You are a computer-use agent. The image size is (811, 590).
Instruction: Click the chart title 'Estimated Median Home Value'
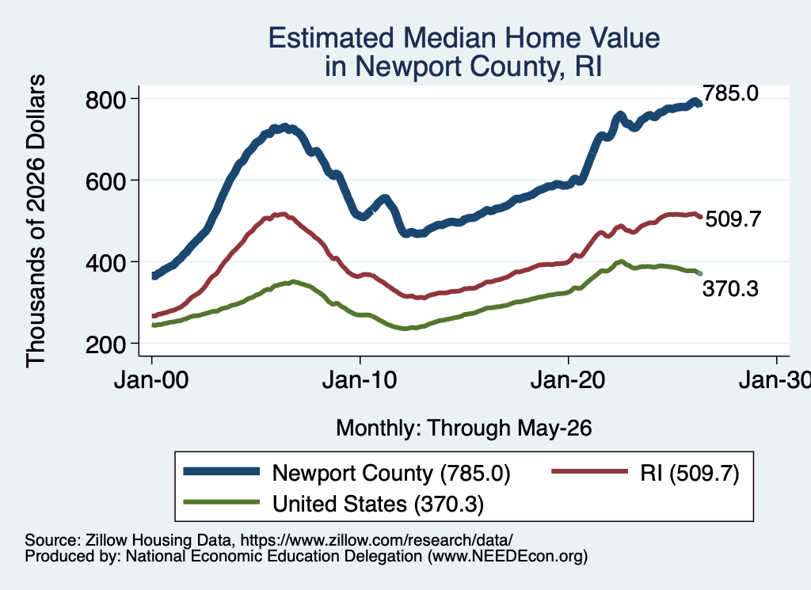pyautogui.click(x=464, y=38)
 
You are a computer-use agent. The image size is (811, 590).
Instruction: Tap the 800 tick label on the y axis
pyautogui.click(x=105, y=100)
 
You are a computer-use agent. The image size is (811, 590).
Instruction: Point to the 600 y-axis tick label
pyautogui.click(x=105, y=181)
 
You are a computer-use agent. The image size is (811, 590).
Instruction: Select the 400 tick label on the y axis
pyautogui.click(x=105, y=263)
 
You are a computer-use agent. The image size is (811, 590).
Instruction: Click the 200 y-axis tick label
pyautogui.click(x=105, y=344)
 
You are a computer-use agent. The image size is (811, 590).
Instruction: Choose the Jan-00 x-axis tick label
pyautogui.click(x=151, y=381)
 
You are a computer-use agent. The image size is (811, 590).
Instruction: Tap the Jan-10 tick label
pyautogui.click(x=360, y=381)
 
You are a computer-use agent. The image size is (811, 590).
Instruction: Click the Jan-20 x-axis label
pyautogui.click(x=568, y=381)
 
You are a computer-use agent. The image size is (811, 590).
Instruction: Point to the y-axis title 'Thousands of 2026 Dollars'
pyautogui.click(x=36, y=221)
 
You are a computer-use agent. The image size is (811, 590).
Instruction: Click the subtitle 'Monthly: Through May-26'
pyautogui.click(x=464, y=428)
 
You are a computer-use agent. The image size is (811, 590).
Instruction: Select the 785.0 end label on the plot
pyautogui.click(x=730, y=93)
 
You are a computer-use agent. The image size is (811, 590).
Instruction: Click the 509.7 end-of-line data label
pyautogui.click(x=733, y=219)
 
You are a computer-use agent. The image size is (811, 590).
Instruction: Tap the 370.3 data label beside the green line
pyautogui.click(x=730, y=288)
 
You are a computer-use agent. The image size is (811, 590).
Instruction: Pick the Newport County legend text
pyautogui.click(x=391, y=474)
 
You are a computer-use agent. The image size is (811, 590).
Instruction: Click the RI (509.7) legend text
pyautogui.click(x=690, y=473)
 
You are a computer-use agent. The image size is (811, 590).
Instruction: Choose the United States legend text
pyautogui.click(x=378, y=504)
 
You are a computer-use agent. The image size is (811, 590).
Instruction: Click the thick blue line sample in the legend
pyautogui.click(x=222, y=471)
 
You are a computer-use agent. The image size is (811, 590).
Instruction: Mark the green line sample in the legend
pyautogui.click(x=222, y=501)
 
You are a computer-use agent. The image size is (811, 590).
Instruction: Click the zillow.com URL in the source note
pyautogui.click(x=376, y=540)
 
